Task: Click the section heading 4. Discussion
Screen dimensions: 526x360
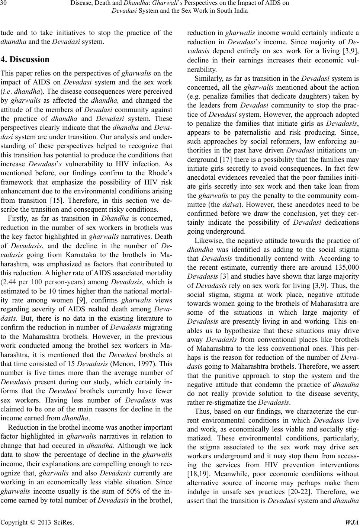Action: pyautogui.click(x=25, y=60)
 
